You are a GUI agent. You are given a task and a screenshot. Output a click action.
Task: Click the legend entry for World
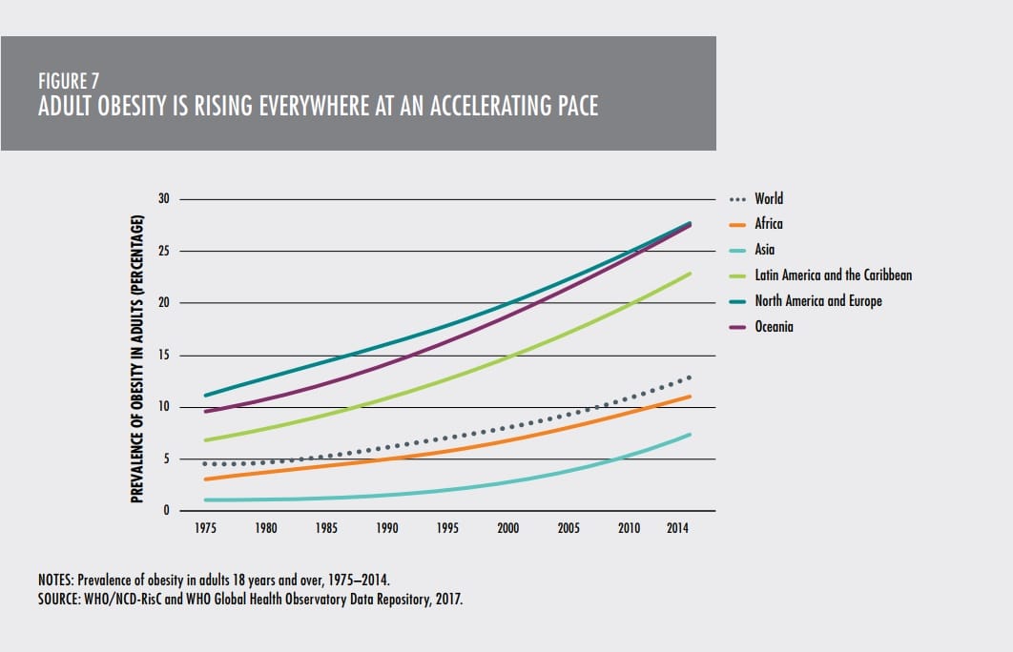768,199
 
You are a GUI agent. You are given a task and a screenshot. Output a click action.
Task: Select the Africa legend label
768,224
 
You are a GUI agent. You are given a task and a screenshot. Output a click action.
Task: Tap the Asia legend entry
764,250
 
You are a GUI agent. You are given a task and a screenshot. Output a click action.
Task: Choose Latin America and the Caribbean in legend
833,275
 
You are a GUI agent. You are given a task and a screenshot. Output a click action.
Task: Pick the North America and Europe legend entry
817,301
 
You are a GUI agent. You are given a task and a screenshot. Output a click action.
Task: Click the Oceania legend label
774,326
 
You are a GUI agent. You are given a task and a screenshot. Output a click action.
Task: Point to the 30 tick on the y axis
163,199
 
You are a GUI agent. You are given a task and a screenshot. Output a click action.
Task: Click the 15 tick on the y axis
163,356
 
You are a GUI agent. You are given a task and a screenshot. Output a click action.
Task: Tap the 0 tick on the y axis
166,511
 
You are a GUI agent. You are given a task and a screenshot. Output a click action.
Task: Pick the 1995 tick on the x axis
447,527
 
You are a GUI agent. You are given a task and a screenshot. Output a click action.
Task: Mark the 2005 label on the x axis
569,527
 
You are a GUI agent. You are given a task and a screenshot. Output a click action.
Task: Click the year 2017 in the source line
449,601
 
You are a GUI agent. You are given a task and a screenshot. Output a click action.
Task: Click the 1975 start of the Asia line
206,499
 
